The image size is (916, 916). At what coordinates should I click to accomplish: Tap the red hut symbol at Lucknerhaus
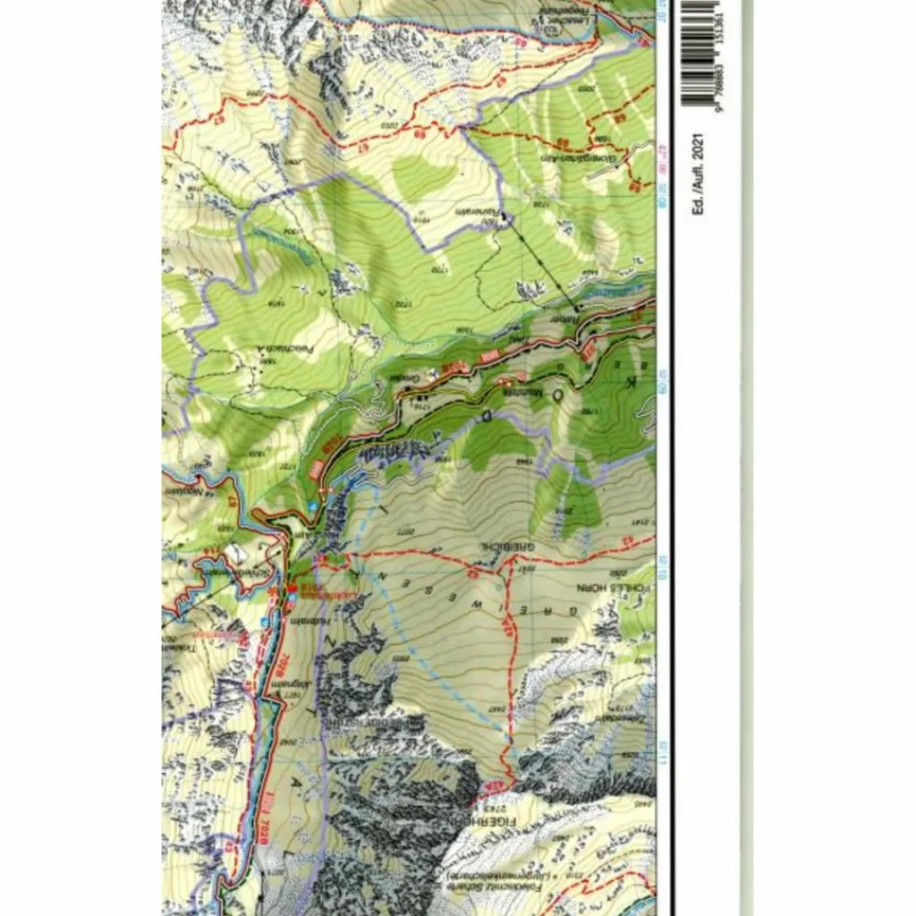[291, 588]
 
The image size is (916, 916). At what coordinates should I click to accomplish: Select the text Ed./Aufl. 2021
[699, 174]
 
